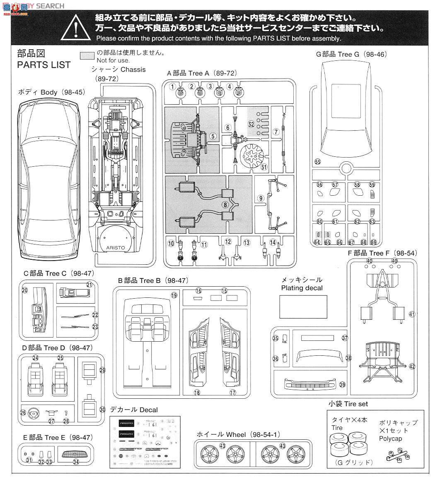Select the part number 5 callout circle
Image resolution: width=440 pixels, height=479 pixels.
coord(213,136)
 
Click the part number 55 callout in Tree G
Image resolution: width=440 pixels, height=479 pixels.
coord(318,162)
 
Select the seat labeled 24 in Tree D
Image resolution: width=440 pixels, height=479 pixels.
coord(36,379)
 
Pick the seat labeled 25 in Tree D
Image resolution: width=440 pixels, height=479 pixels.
coord(60,379)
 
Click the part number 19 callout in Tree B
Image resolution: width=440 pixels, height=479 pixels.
coord(174,295)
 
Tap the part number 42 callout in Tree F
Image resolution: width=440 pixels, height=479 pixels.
coord(411,366)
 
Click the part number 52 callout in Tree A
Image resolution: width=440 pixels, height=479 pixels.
coord(251,124)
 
